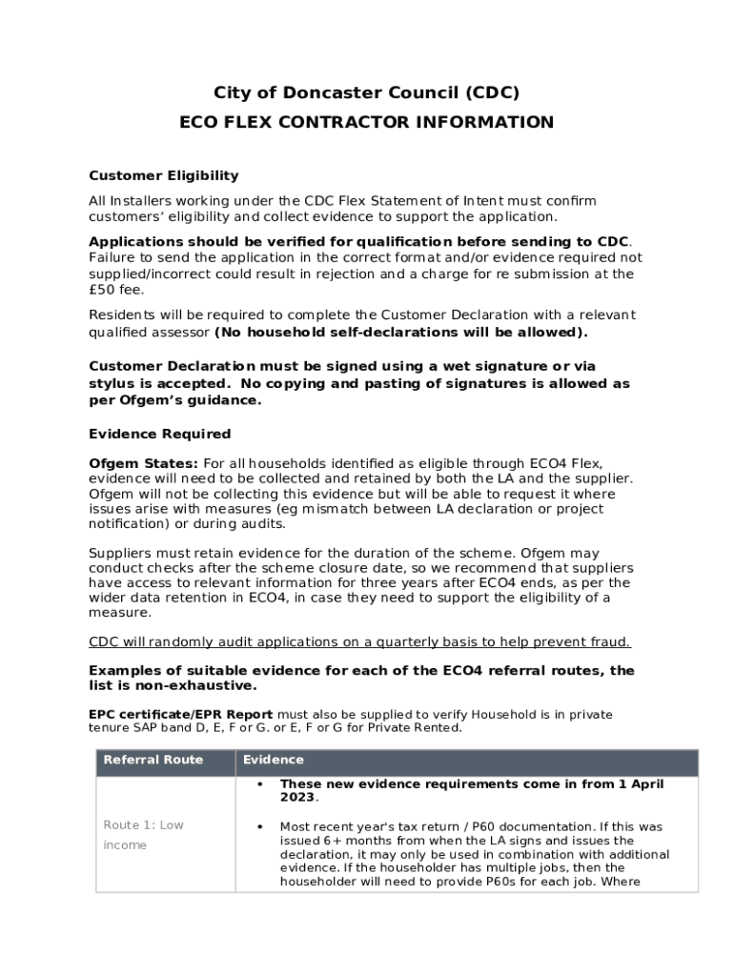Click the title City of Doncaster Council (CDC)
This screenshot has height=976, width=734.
pyautogui.click(x=367, y=92)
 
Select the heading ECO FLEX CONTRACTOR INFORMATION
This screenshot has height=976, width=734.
pyautogui.click(x=367, y=122)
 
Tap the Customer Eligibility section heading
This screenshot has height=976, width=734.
pyautogui.click(x=163, y=175)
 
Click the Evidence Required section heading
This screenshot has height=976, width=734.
pyautogui.click(x=159, y=434)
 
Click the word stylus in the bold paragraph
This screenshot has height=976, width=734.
pyautogui.click(x=112, y=383)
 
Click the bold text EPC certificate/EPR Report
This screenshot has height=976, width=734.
pyautogui.click(x=181, y=714)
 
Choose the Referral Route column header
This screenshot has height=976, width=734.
pyautogui.click(x=153, y=760)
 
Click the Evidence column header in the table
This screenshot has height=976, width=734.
pyautogui.click(x=274, y=760)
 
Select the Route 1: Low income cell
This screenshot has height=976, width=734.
pyautogui.click(x=143, y=835)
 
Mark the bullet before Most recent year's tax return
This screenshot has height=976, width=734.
pyautogui.click(x=260, y=826)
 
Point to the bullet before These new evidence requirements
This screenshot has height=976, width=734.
pyautogui.click(x=260, y=783)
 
